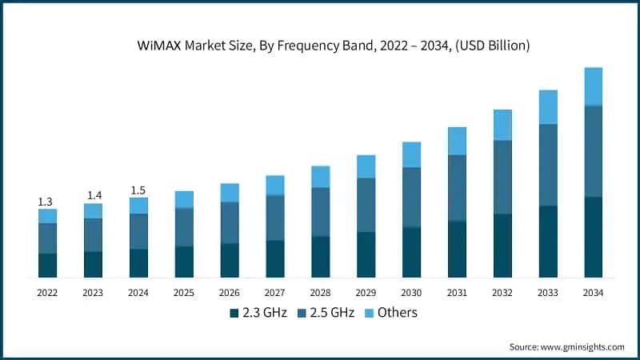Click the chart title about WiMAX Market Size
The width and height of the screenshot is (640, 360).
click(320, 46)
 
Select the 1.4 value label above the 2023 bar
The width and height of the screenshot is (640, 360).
click(93, 195)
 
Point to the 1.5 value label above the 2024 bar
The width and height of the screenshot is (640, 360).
click(138, 190)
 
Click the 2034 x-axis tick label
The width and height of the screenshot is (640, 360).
click(593, 293)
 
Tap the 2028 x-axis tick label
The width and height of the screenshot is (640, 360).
click(320, 293)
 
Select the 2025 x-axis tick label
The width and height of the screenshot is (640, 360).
click(184, 293)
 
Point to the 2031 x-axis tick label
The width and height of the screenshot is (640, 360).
click(457, 293)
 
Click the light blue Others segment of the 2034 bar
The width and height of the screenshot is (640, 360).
click(593, 86)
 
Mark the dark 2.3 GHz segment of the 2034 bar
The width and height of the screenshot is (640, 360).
click(593, 237)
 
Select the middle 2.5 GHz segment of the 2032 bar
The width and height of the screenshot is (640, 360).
click(502, 177)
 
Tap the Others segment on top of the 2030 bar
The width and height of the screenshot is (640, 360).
click(411, 154)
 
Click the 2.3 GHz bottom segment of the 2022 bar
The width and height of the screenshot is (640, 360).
click(47, 265)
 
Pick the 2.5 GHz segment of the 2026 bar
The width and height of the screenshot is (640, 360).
click(230, 222)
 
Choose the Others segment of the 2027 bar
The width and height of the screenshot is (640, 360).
click(275, 186)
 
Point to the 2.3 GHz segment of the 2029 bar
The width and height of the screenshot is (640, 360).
click(366, 254)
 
